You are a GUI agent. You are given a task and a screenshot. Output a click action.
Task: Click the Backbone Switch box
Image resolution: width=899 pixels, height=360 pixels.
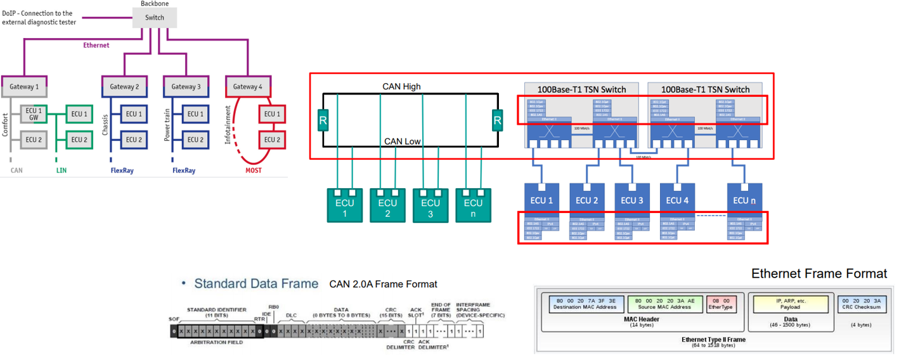point(155,18)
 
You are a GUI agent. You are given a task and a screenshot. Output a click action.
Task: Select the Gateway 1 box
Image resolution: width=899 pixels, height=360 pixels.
point(25,86)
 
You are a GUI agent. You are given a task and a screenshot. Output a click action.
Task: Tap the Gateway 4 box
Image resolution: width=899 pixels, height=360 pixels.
point(247,86)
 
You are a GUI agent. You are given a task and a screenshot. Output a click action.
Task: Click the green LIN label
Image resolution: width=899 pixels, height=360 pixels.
point(61,170)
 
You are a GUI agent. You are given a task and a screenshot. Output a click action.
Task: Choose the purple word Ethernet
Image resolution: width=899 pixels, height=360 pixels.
point(96,45)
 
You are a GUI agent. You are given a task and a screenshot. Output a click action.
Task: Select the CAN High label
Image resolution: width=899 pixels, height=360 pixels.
point(401,86)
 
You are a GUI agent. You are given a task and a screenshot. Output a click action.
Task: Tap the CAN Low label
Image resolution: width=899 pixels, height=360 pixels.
point(403,141)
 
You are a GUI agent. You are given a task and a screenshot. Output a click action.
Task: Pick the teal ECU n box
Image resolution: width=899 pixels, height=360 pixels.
point(473,204)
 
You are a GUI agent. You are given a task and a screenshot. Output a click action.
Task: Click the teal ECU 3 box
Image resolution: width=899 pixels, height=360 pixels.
point(430,204)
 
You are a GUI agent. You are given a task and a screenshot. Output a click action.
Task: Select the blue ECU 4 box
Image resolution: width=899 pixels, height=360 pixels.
point(676,200)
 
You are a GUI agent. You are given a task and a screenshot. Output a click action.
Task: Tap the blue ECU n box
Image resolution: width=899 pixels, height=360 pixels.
point(744,200)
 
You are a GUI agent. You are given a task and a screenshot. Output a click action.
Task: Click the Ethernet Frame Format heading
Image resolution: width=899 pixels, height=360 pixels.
point(819,274)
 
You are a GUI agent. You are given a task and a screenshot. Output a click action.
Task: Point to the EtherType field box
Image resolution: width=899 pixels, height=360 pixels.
point(721,303)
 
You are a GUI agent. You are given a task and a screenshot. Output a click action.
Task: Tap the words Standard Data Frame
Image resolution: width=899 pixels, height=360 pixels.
point(256,283)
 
